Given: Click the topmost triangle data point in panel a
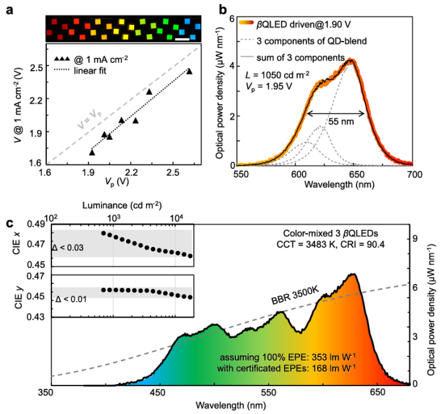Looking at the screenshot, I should tap(189, 71).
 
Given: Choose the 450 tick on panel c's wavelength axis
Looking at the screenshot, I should tap(157, 392).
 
